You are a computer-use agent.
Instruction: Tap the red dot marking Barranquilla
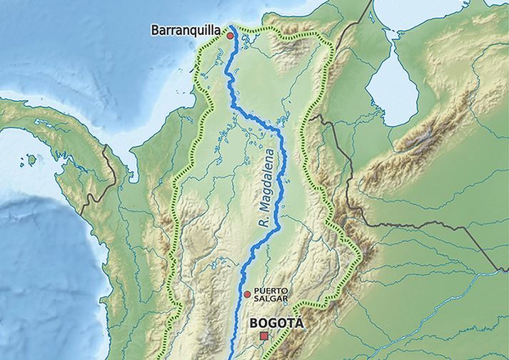(x=230, y=35)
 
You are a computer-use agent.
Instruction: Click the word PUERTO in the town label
(x=271, y=291)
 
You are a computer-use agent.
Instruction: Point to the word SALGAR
(x=270, y=299)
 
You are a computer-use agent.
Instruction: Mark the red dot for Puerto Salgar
(x=247, y=294)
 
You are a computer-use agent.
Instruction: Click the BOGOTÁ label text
(x=276, y=324)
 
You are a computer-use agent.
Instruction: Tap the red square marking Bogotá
(x=264, y=336)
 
